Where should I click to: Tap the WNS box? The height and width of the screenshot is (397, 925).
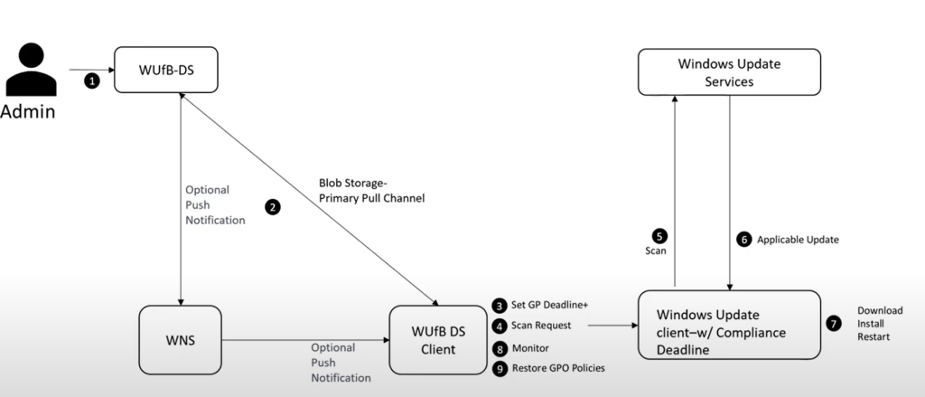181,339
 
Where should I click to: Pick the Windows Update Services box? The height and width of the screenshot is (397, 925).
729,71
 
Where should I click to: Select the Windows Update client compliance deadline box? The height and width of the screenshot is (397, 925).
729,326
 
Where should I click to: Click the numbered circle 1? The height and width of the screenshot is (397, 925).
91,81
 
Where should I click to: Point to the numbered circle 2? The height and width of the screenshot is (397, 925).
273,206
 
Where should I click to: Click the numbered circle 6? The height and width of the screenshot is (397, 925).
744,240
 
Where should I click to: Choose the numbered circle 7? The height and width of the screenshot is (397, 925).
835,323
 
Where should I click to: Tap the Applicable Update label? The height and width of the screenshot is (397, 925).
799,240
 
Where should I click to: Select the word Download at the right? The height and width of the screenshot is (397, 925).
879,310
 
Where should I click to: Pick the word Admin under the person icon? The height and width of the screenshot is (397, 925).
28,112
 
